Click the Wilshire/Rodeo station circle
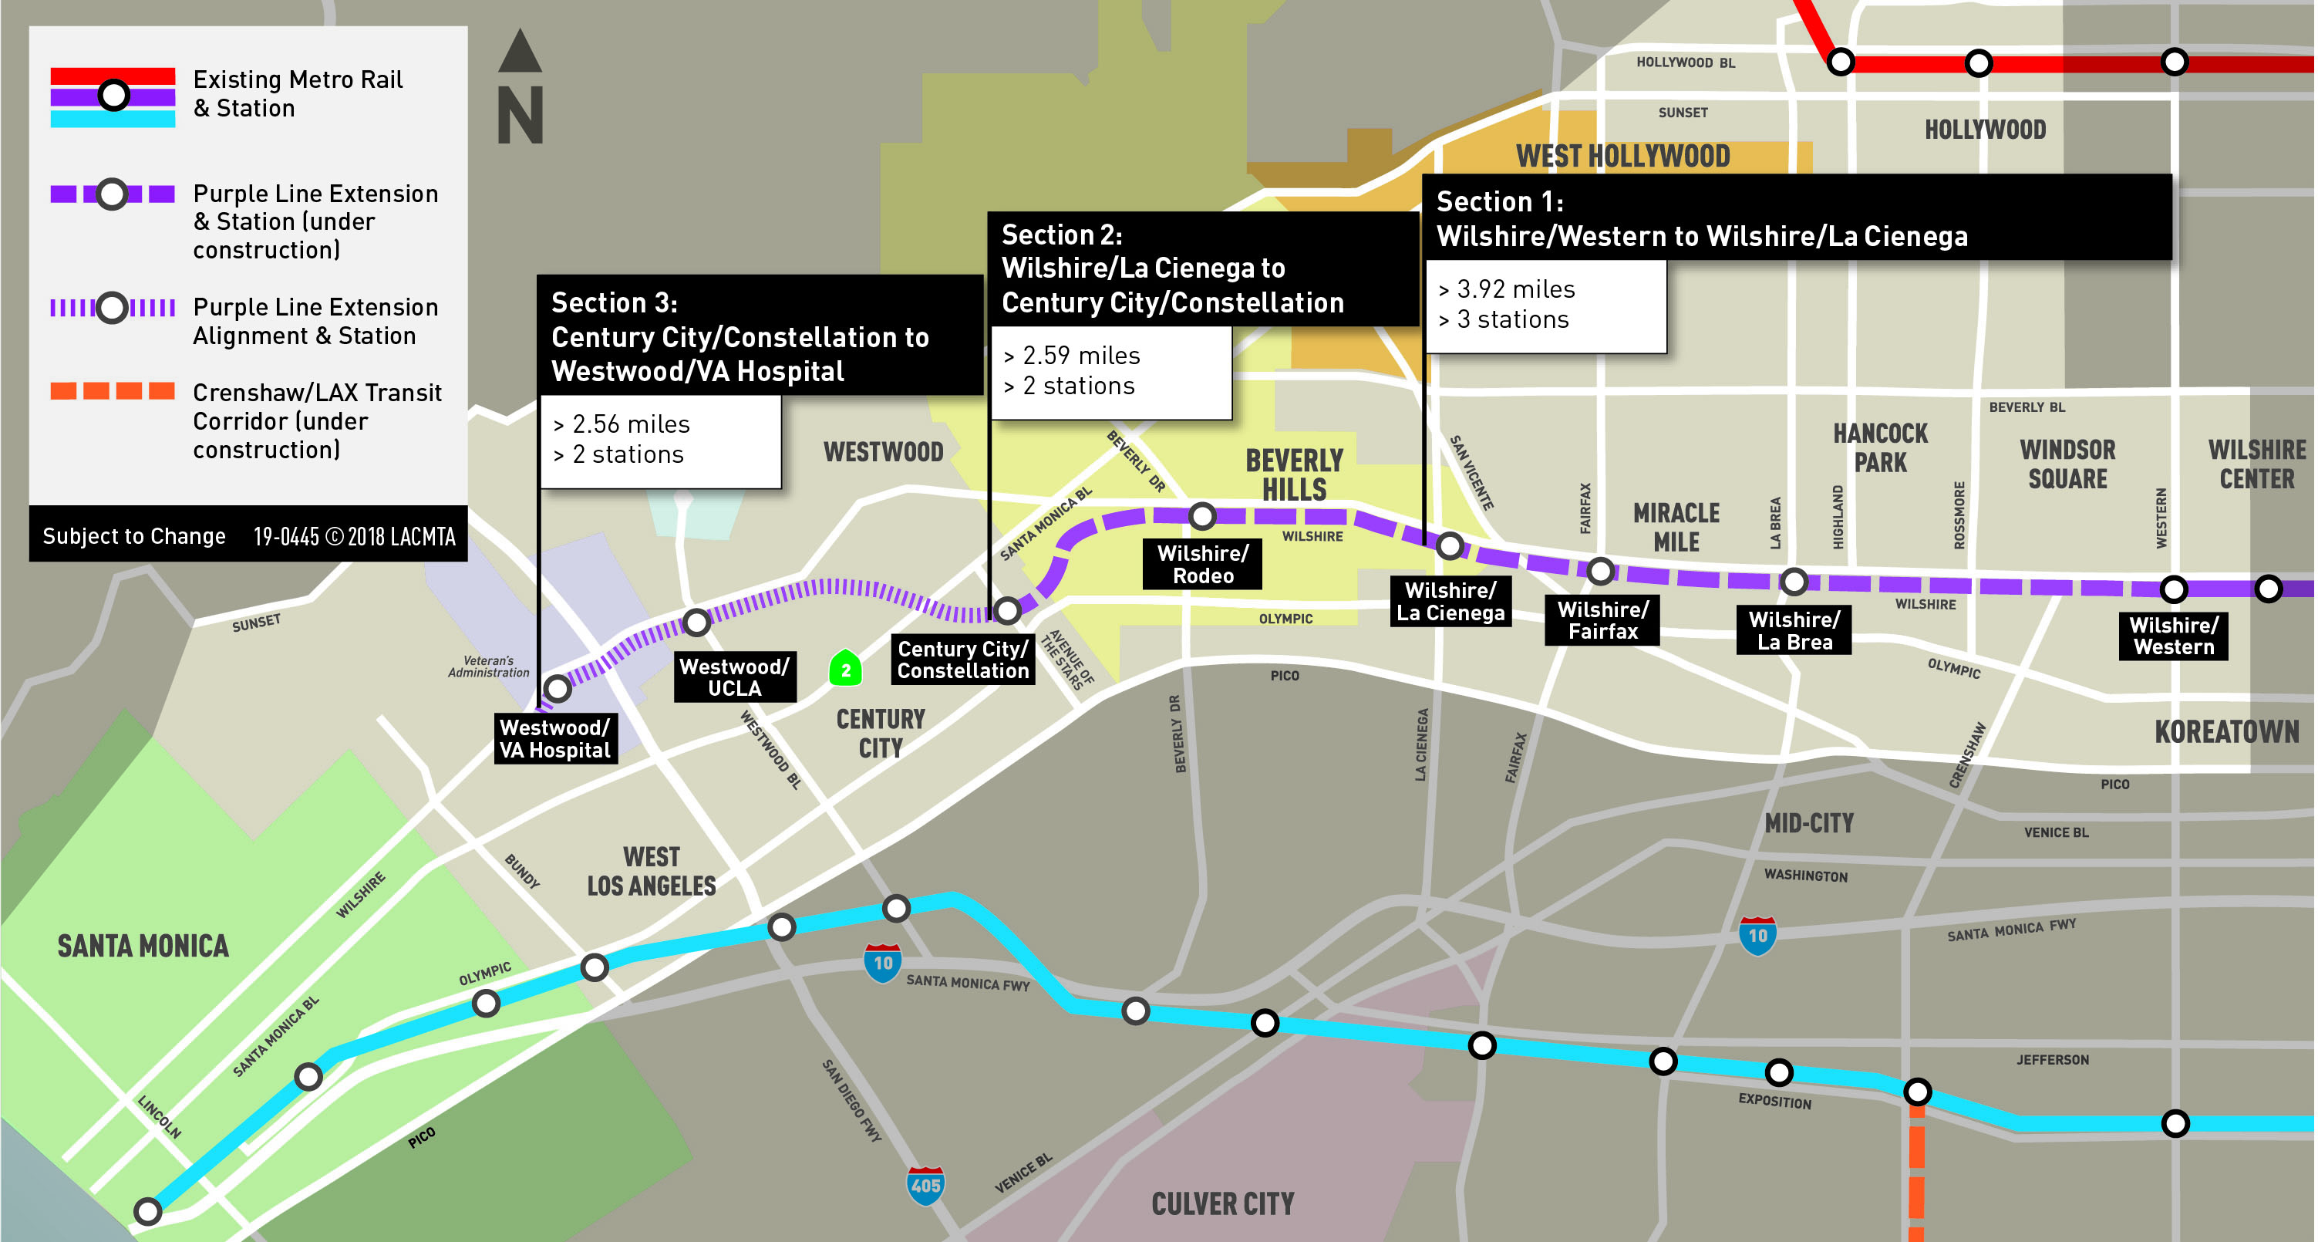coord(1202,515)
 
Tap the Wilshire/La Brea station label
coord(1794,630)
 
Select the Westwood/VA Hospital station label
coord(555,738)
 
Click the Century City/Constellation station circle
coord(1007,610)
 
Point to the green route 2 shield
coord(845,669)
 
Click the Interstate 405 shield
coord(925,1184)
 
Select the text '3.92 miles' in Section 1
coord(1515,289)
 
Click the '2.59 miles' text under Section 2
coord(1080,356)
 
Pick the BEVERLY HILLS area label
coord(1294,474)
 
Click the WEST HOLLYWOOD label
coord(1622,156)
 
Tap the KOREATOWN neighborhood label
coord(2226,731)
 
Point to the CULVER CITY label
coord(1222,1203)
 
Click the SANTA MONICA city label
coord(143,946)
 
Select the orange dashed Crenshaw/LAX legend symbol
coord(113,390)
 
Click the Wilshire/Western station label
coord(2173,636)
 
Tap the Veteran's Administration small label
coord(489,666)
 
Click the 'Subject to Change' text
coord(134,535)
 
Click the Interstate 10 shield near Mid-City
coord(1757,935)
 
